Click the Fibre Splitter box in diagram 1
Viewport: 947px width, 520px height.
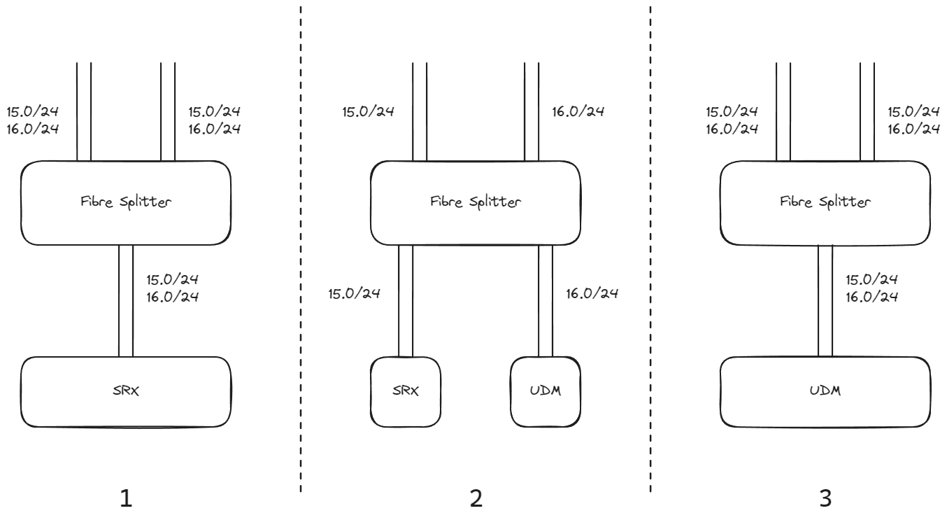coord(126,203)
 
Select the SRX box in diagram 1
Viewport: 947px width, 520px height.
coord(126,391)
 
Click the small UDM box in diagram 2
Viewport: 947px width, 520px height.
coord(546,391)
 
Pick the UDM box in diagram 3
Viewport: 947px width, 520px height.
coord(825,391)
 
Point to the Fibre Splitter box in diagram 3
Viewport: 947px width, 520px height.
coord(825,203)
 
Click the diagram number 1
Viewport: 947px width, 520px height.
coord(126,498)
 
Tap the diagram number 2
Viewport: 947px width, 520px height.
coord(476,498)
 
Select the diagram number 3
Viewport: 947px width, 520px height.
coord(825,498)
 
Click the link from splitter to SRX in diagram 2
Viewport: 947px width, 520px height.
coord(406,301)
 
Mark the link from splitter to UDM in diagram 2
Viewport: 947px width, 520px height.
coord(546,301)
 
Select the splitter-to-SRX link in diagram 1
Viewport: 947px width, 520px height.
coord(126,301)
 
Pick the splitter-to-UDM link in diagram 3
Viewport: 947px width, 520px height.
coord(825,301)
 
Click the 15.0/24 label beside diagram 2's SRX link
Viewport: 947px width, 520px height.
coord(354,293)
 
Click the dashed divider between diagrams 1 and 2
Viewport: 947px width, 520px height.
coord(301,245)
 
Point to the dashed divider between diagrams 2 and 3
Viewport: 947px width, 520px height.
coord(650,245)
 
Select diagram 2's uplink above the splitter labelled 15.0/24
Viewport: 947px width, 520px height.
coord(420,112)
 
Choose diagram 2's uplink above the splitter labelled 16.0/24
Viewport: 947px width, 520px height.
coord(532,112)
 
